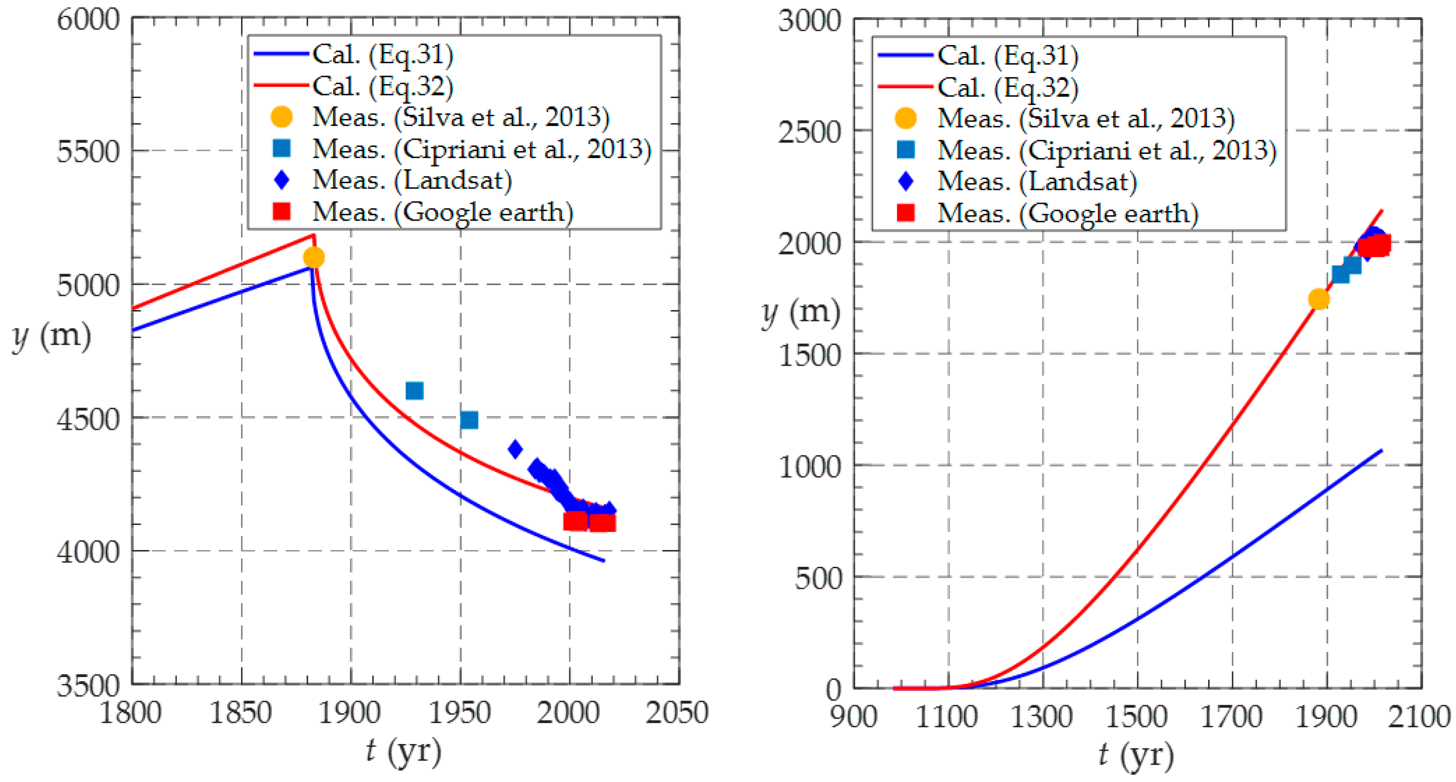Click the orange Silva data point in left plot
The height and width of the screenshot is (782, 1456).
[x=314, y=258]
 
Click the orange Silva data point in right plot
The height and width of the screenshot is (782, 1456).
[x=1319, y=299]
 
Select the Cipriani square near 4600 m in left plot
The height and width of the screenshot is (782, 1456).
[x=414, y=391]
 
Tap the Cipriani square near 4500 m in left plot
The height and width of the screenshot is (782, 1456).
[x=469, y=420]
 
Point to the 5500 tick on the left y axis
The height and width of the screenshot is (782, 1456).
[x=88, y=151]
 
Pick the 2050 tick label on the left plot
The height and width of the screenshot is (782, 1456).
[x=677, y=713]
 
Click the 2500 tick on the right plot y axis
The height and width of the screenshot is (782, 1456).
[x=809, y=132]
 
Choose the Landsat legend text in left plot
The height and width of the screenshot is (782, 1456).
[x=412, y=180]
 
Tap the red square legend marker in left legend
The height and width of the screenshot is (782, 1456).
[x=281, y=212]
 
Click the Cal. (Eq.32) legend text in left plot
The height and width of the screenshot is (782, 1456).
[x=383, y=86]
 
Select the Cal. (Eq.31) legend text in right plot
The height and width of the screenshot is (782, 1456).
[x=1008, y=55]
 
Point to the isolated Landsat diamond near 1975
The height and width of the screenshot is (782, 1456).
[x=515, y=449]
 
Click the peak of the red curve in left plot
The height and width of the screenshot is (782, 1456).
[x=314, y=235]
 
